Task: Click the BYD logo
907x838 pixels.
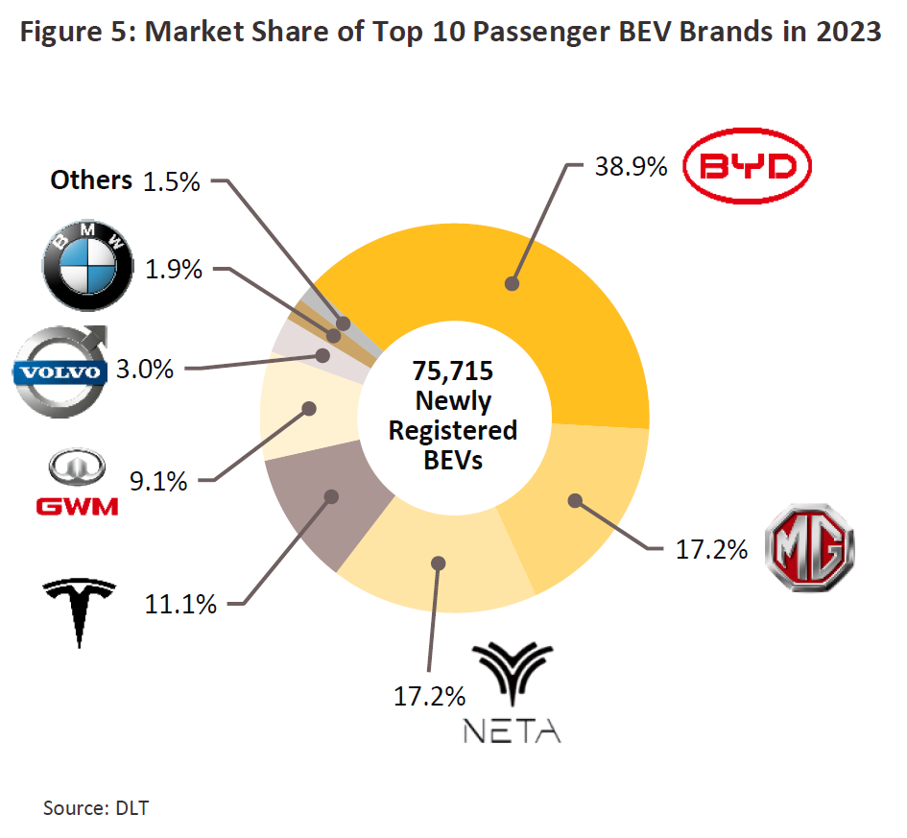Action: (752, 169)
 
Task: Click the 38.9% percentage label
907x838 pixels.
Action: (632, 168)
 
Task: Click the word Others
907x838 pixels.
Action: (91, 180)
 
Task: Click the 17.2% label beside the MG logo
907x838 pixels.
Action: (711, 550)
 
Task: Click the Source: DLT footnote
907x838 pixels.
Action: (96, 807)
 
